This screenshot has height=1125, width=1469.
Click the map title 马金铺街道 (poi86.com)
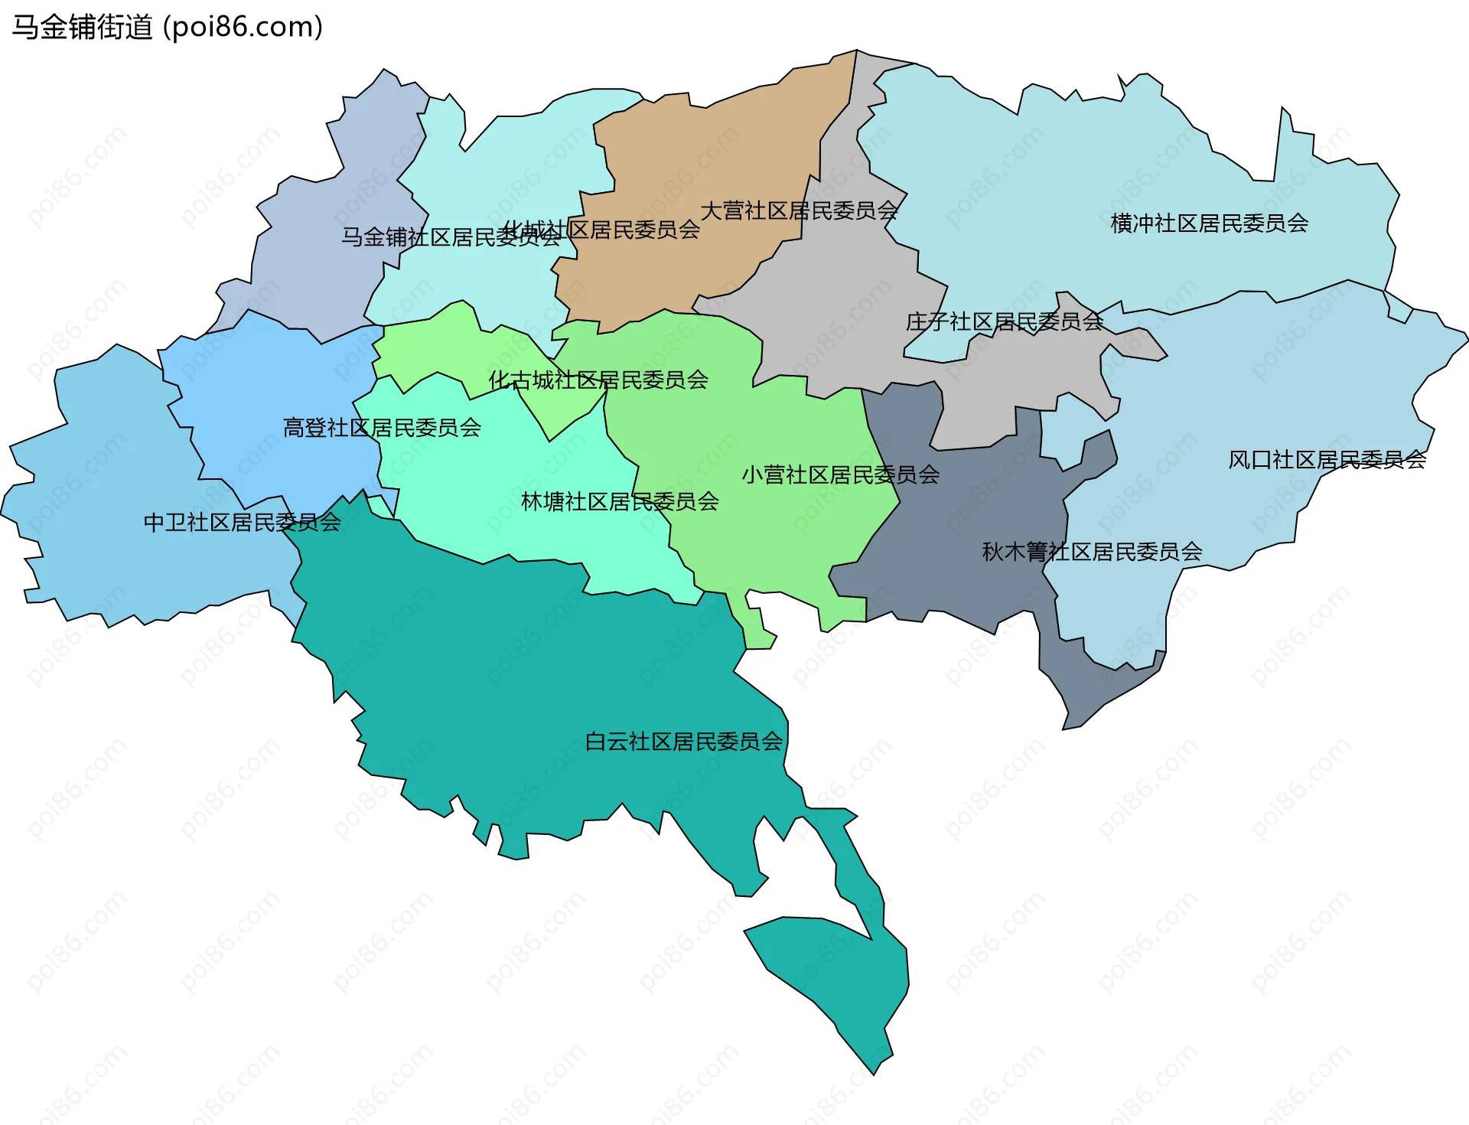(167, 28)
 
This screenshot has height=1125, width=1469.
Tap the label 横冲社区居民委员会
(1209, 223)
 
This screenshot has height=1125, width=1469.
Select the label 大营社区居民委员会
(799, 210)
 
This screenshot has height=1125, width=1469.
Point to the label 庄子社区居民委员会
(1004, 321)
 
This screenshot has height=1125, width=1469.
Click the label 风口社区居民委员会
(1327, 460)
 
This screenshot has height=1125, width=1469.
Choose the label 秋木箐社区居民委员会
(1092, 552)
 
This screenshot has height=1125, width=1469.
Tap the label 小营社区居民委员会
(840, 475)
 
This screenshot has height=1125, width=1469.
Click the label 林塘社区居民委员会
(620, 502)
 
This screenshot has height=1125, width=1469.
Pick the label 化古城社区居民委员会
(598, 380)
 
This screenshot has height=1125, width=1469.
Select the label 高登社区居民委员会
(382, 428)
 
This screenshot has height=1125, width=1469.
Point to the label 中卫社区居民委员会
(242, 523)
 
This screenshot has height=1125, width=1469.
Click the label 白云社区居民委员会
(683, 742)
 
